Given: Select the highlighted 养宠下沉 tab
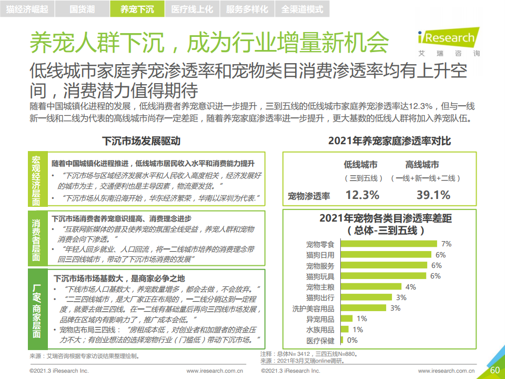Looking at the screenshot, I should pyautogui.click(x=137, y=9).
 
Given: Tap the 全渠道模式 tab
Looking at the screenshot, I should pyautogui.click(x=302, y=9).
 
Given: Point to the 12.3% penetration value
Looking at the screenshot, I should pyautogui.click(x=362, y=195).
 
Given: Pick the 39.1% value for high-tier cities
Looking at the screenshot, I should pyautogui.click(x=433, y=195).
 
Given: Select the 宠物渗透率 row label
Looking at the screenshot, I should pyautogui.click(x=309, y=196).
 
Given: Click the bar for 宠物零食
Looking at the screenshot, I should pyautogui.click(x=389, y=244).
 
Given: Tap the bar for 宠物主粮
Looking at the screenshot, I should pyautogui.click(x=371, y=287).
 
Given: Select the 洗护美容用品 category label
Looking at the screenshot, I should pyautogui.click(x=313, y=308).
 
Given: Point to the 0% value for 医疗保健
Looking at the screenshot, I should pyautogui.click(x=352, y=341).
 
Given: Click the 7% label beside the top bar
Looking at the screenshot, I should pyautogui.click(x=447, y=244).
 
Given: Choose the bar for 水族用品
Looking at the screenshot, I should pyautogui.click(x=346, y=330).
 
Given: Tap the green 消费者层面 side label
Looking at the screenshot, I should pyautogui.click(x=36, y=238).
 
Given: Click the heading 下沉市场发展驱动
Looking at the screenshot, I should pyautogui.click(x=140, y=141).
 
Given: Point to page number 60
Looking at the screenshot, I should pyautogui.click(x=494, y=370).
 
